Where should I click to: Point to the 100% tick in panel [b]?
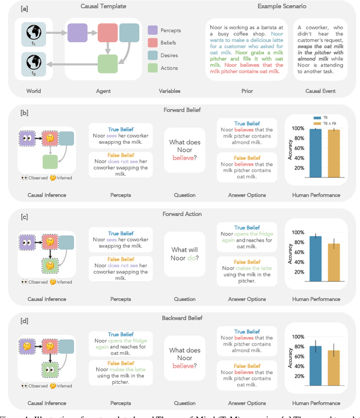[x=296, y=129]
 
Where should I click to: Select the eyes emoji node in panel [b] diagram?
[x=26, y=138]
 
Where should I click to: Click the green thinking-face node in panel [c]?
[x=51, y=265]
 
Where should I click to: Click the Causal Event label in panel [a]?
[x=321, y=91]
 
